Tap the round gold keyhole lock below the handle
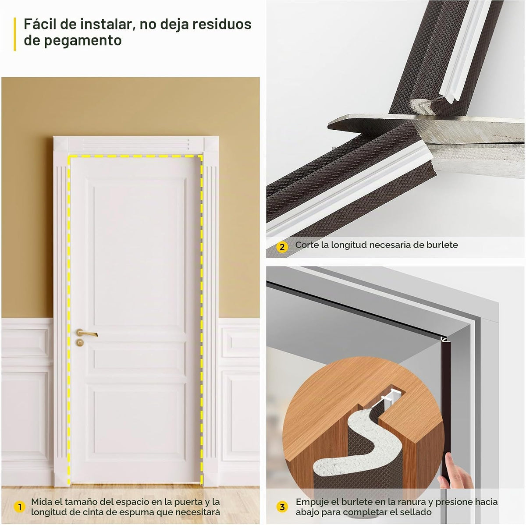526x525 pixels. point(80,342)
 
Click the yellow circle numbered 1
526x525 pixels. point(19,507)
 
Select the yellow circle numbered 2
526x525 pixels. point(282,247)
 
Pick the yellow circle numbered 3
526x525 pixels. point(282,507)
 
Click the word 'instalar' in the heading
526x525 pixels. point(106,24)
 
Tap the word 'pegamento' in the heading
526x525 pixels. point(82,41)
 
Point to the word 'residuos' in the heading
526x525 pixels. point(222,24)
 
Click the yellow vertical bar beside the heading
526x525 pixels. point(15,34)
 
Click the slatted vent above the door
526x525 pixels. point(135,144)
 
